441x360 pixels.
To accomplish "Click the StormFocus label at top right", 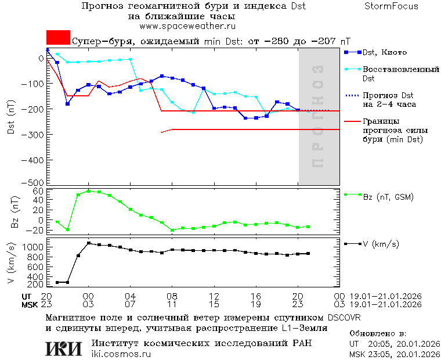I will tap(391, 6).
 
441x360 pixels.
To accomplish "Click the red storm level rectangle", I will tap(58, 38).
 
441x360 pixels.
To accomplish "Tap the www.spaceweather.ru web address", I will tap(187, 26).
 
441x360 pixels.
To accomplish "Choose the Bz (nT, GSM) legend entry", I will tap(388, 197).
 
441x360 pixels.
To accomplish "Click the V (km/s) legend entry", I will tap(381, 244).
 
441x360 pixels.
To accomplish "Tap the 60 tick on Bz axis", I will tap(38, 191).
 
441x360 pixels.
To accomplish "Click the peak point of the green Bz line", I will tap(88, 191).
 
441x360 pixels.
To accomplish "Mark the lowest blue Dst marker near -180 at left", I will tap(68, 104).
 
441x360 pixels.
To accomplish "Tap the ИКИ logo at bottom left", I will tap(63, 348).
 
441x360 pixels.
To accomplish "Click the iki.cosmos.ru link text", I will tap(121, 354).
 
